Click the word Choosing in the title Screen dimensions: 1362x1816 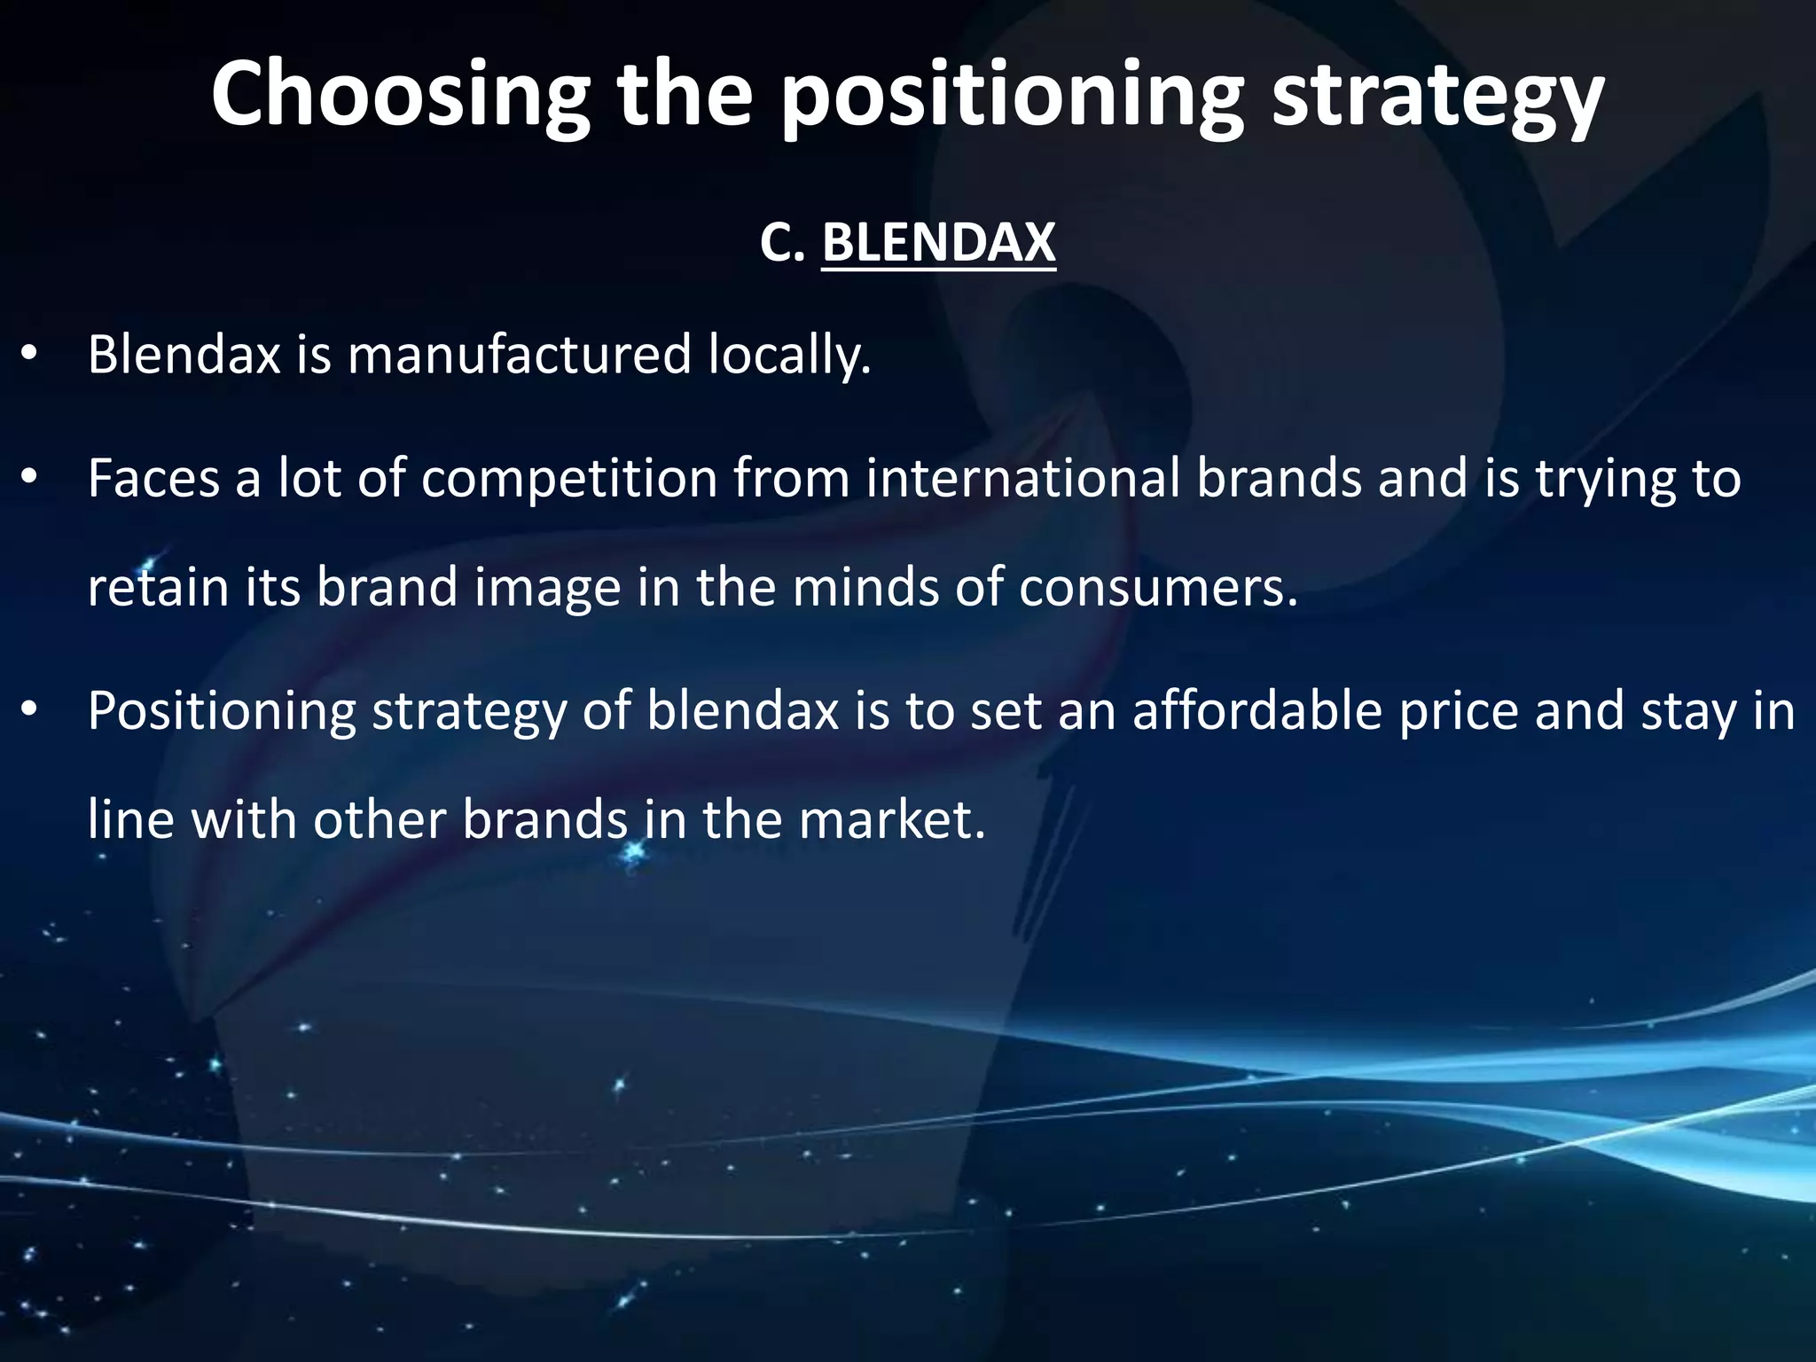click(400, 95)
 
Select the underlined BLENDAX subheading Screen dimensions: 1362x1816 click(938, 241)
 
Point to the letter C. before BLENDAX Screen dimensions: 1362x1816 click(781, 241)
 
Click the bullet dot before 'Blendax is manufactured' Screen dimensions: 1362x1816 click(29, 355)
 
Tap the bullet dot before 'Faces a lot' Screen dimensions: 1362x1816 click(29, 479)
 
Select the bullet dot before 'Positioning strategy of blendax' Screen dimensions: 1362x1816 click(29, 711)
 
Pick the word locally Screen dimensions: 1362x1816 click(789, 355)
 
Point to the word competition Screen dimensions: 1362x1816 click(568, 479)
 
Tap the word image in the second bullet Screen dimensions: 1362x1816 click(546, 587)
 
